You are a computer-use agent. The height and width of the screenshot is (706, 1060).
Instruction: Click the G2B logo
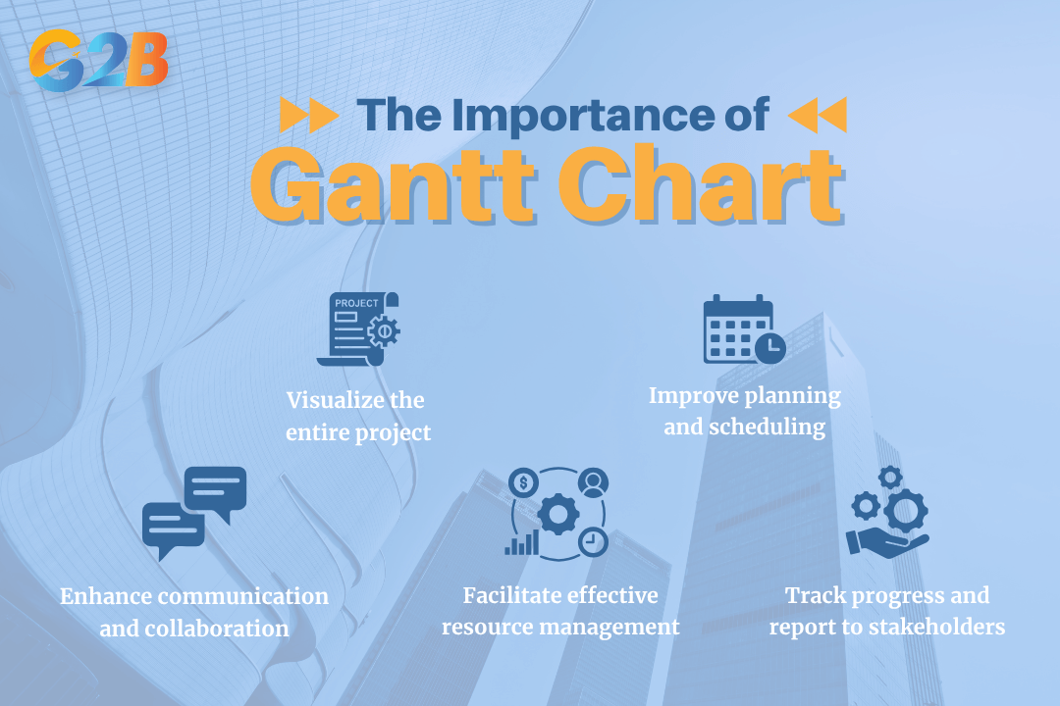click(x=98, y=60)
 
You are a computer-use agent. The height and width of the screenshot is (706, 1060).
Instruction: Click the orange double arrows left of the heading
click(x=309, y=116)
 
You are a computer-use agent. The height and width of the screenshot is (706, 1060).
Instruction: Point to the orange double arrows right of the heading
click(x=817, y=116)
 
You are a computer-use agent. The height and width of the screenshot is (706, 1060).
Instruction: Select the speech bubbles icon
click(x=194, y=511)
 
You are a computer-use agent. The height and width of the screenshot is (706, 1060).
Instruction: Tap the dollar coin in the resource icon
click(x=524, y=482)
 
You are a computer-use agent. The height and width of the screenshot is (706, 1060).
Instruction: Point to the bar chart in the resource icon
click(x=521, y=542)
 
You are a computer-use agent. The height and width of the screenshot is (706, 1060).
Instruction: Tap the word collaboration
click(x=194, y=629)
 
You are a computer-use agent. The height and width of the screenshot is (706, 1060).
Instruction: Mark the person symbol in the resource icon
click(x=594, y=481)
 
